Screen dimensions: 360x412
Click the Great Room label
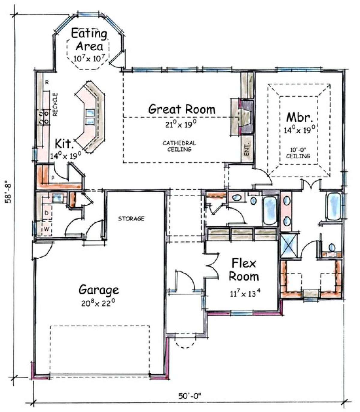(x=181, y=109)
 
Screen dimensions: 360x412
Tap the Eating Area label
(x=89, y=40)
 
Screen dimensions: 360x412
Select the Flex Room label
(x=244, y=270)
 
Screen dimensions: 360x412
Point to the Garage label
(x=99, y=290)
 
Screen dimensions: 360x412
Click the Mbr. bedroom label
(x=300, y=117)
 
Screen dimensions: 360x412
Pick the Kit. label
(x=64, y=144)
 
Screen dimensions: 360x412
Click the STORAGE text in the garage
(x=131, y=218)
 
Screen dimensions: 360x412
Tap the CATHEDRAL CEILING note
(x=179, y=146)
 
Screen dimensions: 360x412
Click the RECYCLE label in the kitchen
(x=55, y=105)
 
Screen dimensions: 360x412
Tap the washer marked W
(x=46, y=229)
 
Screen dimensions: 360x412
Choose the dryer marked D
(x=46, y=213)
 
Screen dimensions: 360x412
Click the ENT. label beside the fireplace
(x=247, y=150)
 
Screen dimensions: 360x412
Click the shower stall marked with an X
(x=289, y=245)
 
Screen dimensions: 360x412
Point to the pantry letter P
(x=53, y=178)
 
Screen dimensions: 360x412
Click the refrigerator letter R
(x=47, y=82)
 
